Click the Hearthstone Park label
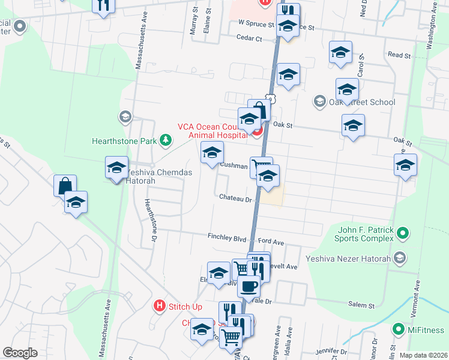(124, 142)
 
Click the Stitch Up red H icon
(159, 306)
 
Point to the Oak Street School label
(362, 102)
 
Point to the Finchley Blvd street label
(228, 236)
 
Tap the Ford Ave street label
(271, 242)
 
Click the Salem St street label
(361, 305)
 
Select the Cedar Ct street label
(250, 38)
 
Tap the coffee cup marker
(249, 286)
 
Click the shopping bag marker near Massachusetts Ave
(64, 185)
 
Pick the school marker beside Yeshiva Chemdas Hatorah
(117, 168)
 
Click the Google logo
(20, 353)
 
